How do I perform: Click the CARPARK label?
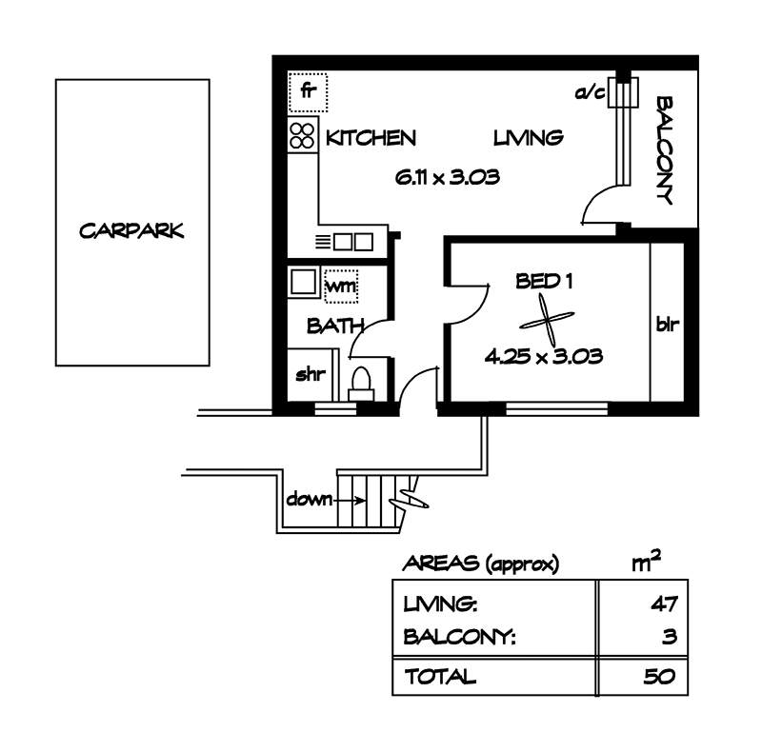coord(131,231)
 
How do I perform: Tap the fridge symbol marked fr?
coord(308,92)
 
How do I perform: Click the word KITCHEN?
coord(371,138)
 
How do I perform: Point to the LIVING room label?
coord(529,138)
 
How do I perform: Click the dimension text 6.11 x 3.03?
coord(448,177)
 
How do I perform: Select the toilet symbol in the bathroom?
coord(362,384)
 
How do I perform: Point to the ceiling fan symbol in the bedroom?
coord(549,320)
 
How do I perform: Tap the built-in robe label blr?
coord(666,324)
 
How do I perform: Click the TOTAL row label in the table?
coord(440,678)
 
